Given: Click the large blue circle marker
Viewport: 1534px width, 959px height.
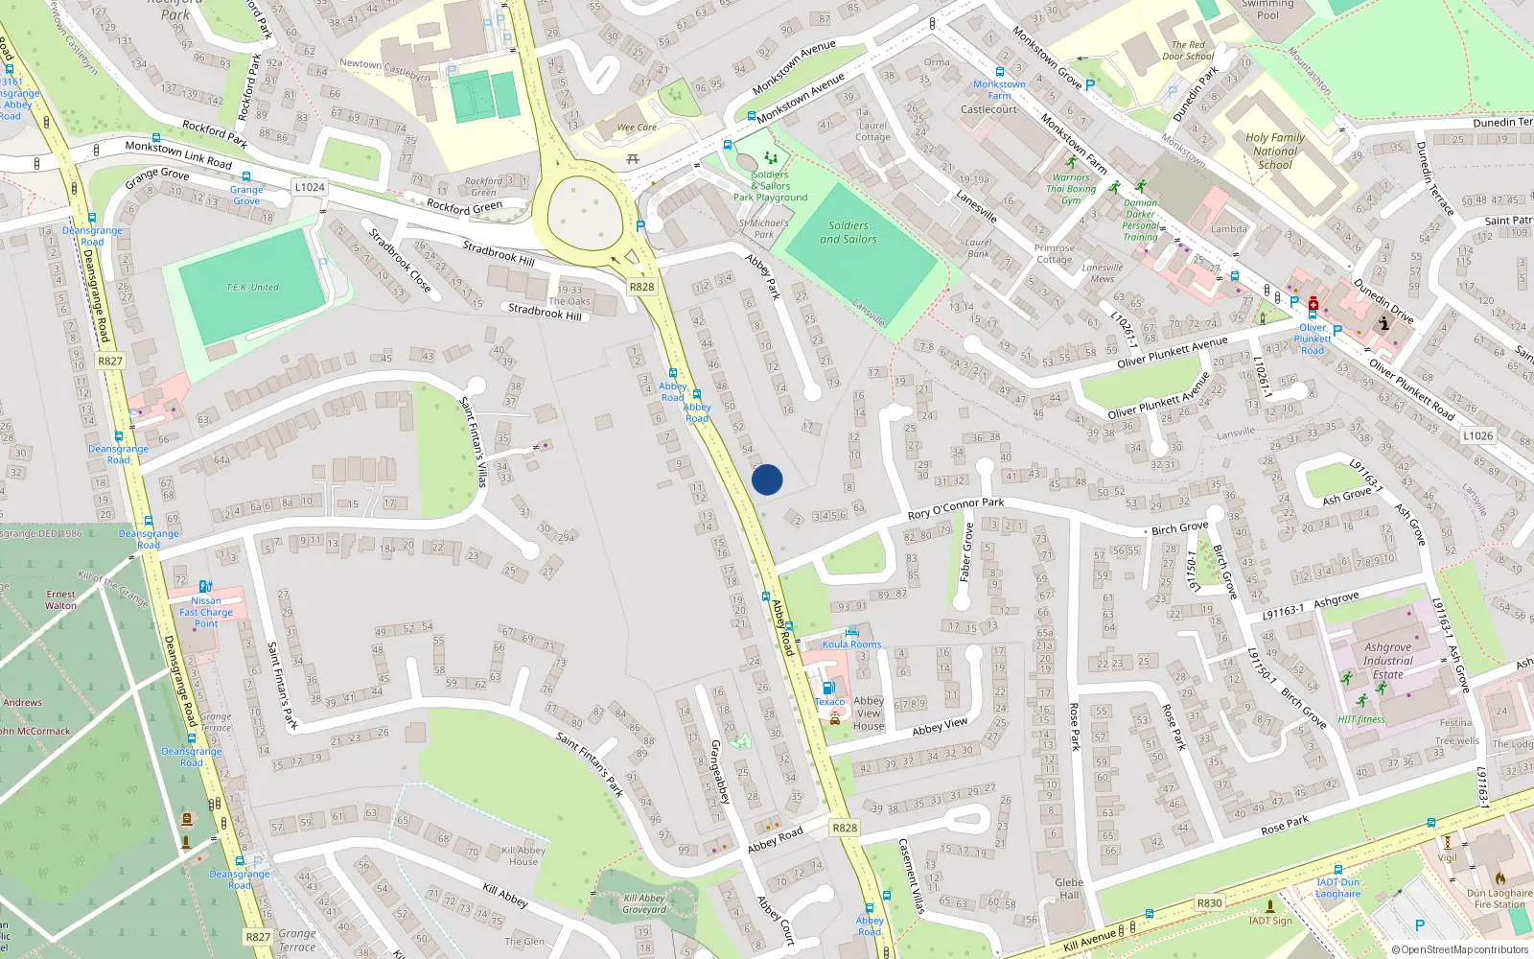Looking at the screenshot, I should click(767, 479).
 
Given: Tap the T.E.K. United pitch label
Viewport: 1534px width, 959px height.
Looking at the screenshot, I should click(252, 288).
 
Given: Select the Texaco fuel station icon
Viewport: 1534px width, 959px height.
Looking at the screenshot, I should click(828, 688).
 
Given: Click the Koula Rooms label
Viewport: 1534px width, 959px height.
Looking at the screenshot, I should click(851, 644).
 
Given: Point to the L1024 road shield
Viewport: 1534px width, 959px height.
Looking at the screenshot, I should click(310, 187).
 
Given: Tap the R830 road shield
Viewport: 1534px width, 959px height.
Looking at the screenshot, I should click(1210, 902).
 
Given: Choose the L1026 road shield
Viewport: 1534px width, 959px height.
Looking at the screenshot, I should click(1477, 435).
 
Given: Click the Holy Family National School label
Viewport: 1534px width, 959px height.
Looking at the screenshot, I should click(1275, 151).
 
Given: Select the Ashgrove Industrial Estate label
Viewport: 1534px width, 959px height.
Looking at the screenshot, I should click(1387, 661).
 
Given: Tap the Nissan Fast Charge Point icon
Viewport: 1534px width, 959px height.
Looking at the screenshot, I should click(205, 587).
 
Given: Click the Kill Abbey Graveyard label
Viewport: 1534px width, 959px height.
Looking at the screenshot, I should click(643, 904).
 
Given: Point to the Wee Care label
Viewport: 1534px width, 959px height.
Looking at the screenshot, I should click(637, 128).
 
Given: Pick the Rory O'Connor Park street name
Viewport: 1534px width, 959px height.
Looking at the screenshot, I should click(955, 508).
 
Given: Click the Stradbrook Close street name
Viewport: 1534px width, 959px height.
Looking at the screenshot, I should click(400, 259).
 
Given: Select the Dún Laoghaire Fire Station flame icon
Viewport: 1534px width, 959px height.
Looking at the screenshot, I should click(1499, 877).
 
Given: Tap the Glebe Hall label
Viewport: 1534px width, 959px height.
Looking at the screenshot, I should click(1069, 889).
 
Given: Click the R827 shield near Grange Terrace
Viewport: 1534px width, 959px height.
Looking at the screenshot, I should click(258, 937).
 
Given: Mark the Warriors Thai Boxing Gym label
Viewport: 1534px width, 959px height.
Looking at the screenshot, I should click(1071, 189).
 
